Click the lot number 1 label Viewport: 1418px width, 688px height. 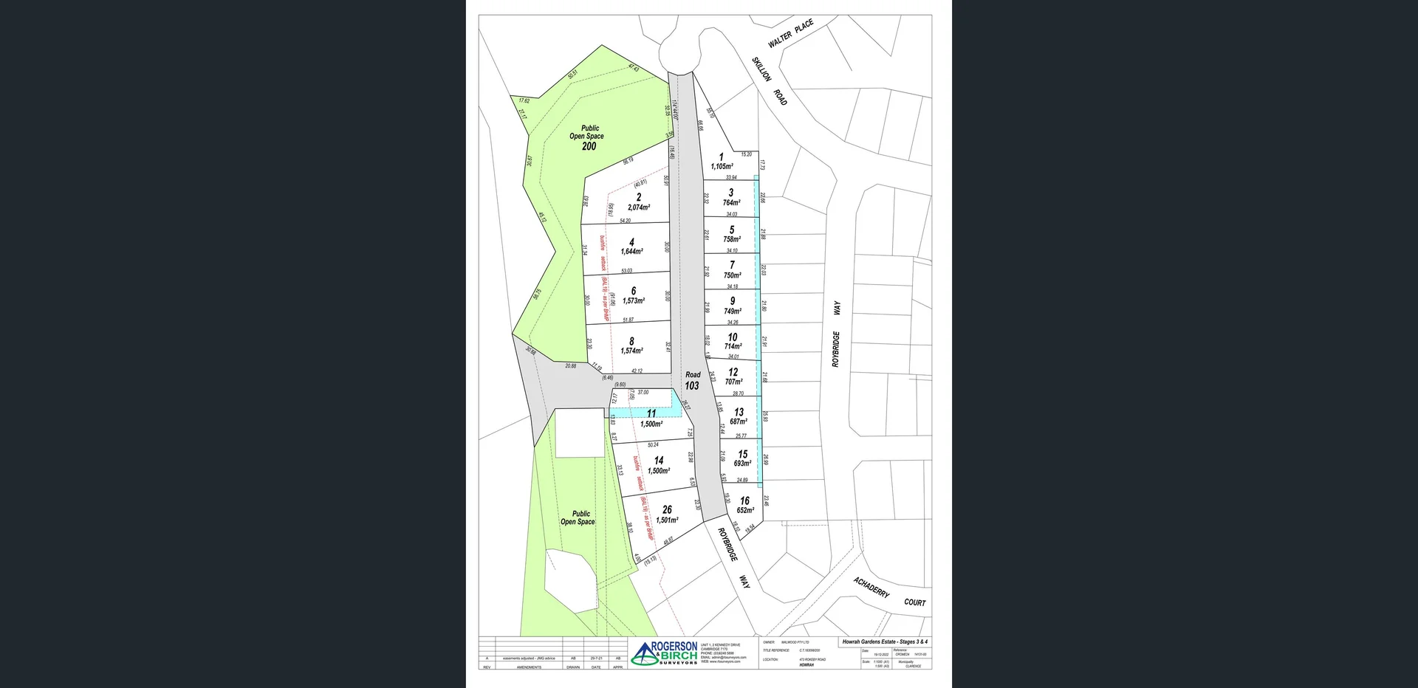[722, 157]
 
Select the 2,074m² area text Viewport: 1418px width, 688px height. [639, 207]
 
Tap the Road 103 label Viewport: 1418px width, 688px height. [692, 381]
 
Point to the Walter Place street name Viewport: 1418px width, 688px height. [790, 34]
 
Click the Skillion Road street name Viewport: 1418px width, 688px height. [770, 81]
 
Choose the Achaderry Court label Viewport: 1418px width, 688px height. [889, 593]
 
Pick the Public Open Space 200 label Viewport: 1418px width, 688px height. [587, 137]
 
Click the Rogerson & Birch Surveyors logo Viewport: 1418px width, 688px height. [664, 653]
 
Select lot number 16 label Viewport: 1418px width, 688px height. [744, 500]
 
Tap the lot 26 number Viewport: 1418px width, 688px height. [667, 509]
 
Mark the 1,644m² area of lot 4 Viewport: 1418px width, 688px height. [631, 252]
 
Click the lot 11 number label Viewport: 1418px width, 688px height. [651, 414]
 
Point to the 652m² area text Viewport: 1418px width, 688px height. [745, 510]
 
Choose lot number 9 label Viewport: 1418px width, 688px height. [733, 301]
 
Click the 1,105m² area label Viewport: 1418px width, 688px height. [722, 167]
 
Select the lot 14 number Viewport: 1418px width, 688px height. [659, 460]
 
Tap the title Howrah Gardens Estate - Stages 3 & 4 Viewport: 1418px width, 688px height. [885, 642]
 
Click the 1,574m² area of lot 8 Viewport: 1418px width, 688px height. [631, 351]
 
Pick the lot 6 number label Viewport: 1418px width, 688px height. [633, 291]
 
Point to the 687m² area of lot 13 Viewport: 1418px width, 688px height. [739, 422]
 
